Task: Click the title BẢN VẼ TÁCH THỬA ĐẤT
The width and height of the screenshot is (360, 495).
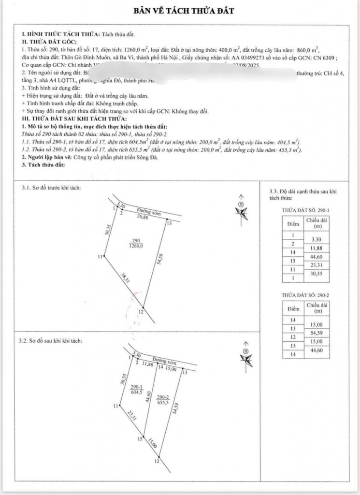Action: (x=179, y=10)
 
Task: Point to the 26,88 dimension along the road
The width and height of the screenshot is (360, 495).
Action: (x=142, y=217)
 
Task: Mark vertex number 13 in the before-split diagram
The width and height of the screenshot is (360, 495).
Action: (x=169, y=223)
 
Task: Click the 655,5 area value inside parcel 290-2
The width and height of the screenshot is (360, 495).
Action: (x=163, y=402)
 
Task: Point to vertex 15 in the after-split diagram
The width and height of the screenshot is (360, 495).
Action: (x=140, y=439)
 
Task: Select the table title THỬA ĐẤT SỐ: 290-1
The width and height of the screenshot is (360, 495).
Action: (x=305, y=211)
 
